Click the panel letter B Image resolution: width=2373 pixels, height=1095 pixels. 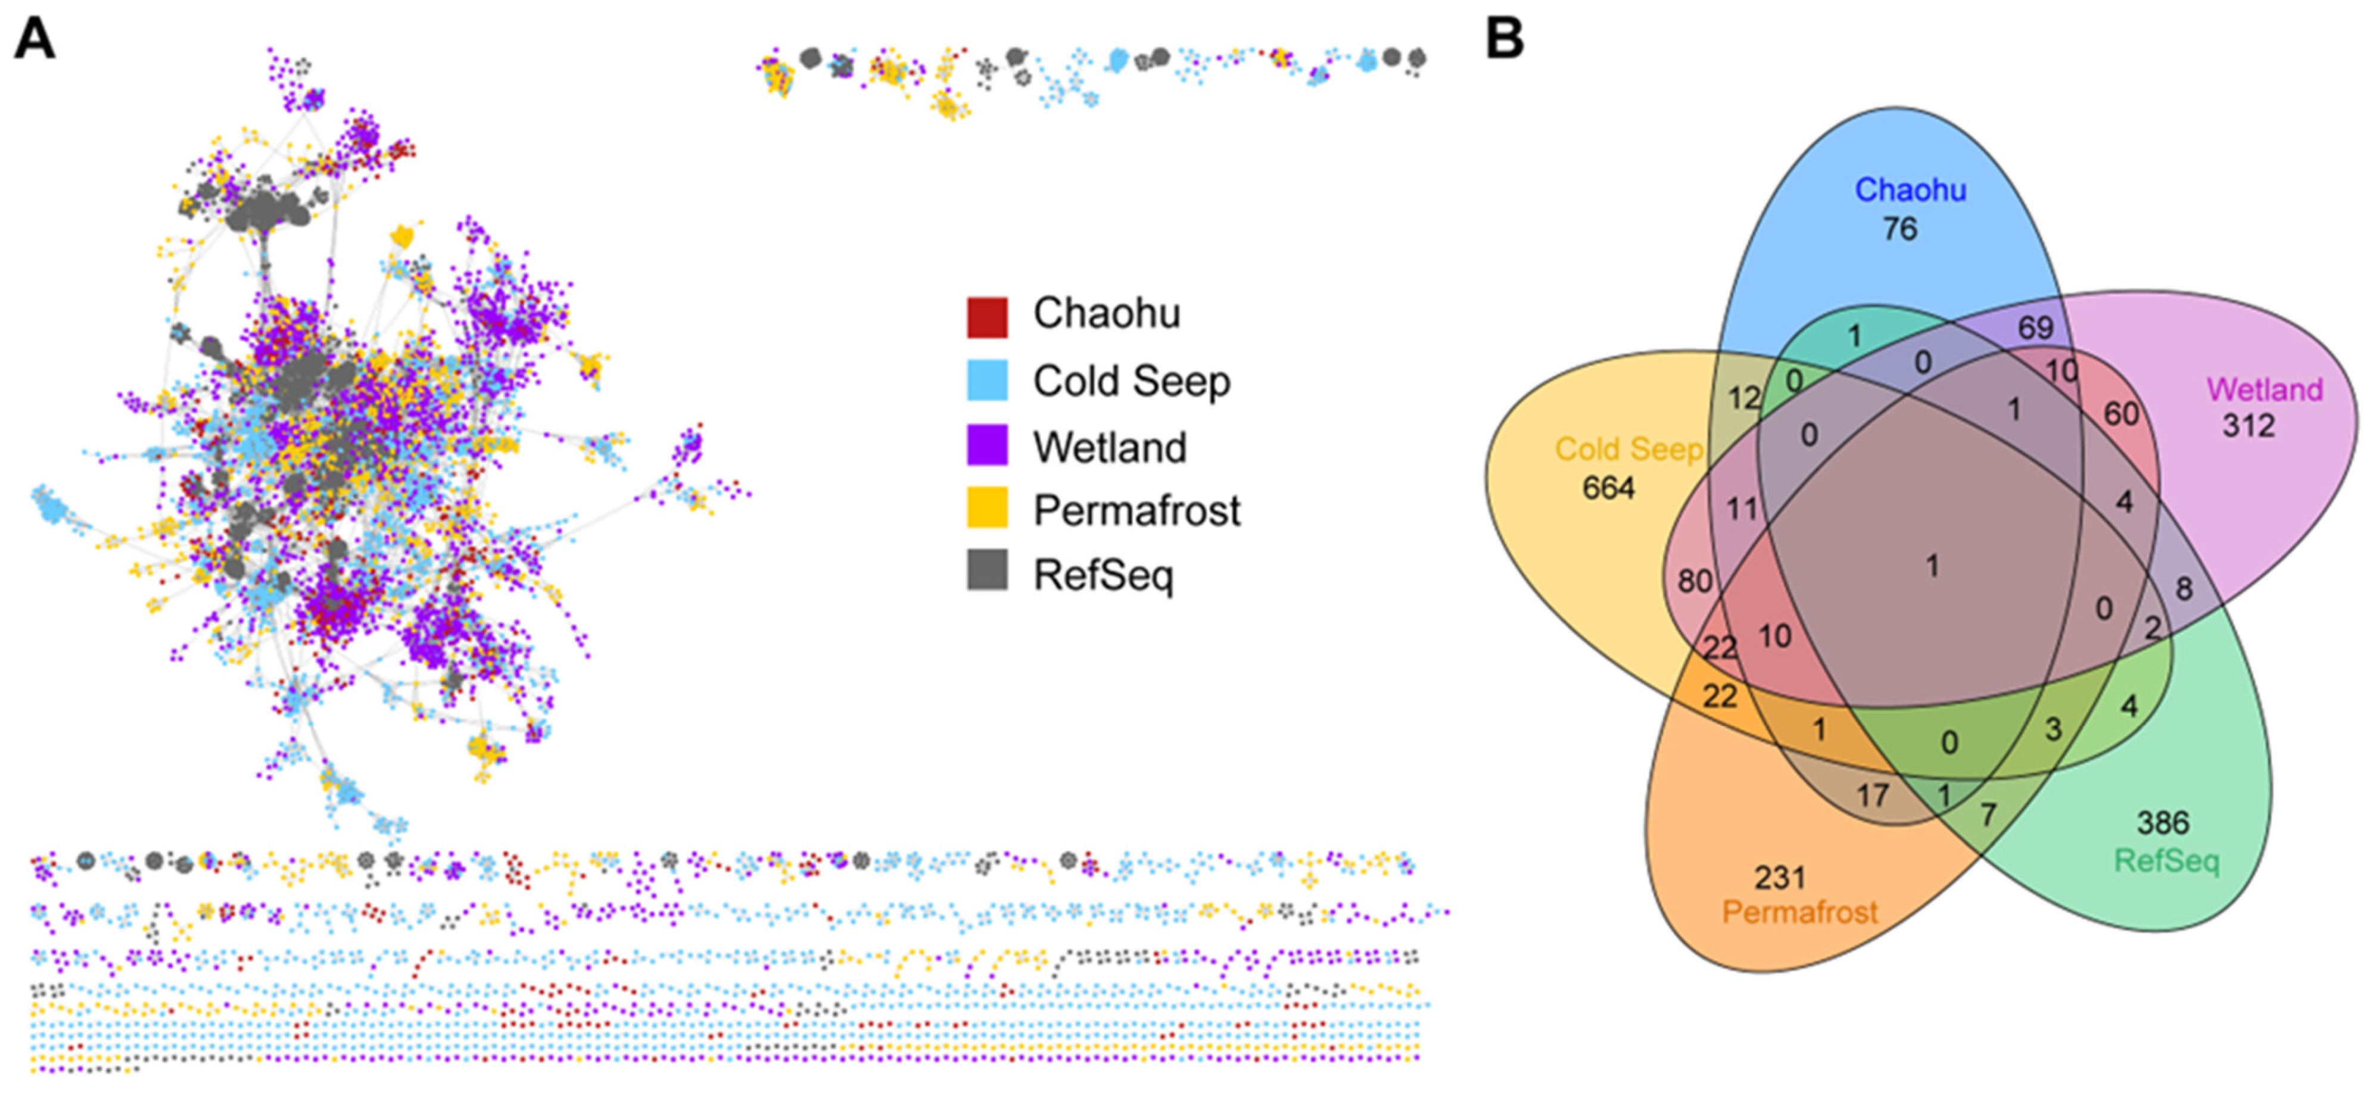point(1505,40)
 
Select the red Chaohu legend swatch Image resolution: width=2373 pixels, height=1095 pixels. point(986,316)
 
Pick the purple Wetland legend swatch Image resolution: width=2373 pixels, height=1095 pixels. point(986,445)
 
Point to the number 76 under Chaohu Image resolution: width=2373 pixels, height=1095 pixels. point(1899,229)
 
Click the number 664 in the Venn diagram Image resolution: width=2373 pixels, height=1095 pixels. point(1608,488)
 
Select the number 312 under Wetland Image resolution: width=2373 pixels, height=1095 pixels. point(2248,426)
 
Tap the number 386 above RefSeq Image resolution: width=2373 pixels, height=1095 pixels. point(2162,822)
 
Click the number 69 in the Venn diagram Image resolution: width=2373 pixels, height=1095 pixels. point(2035,327)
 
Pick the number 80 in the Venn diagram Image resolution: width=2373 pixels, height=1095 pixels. point(1694,581)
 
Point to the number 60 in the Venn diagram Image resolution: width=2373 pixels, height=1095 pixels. point(2120,414)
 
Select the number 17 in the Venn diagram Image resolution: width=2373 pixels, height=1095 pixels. point(1872,795)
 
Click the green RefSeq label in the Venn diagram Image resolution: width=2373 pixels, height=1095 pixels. point(2167,861)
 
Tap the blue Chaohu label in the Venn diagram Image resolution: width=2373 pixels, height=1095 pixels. point(1911,190)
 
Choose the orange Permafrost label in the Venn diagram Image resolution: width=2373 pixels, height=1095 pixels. point(1799,913)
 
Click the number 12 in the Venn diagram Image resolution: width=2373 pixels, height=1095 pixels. point(1743,399)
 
